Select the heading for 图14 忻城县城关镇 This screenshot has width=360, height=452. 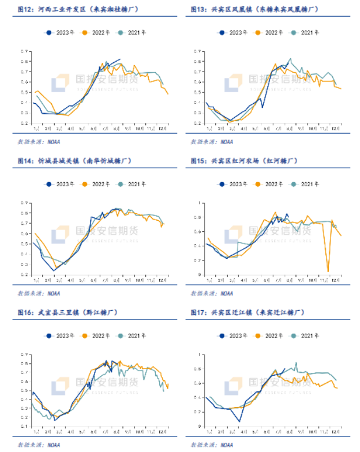[x=76, y=161]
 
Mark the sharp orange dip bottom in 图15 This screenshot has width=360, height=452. [x=328, y=271]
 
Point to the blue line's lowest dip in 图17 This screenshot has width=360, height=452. [x=239, y=421]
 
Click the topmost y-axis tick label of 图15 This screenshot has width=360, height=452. [x=200, y=203]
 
